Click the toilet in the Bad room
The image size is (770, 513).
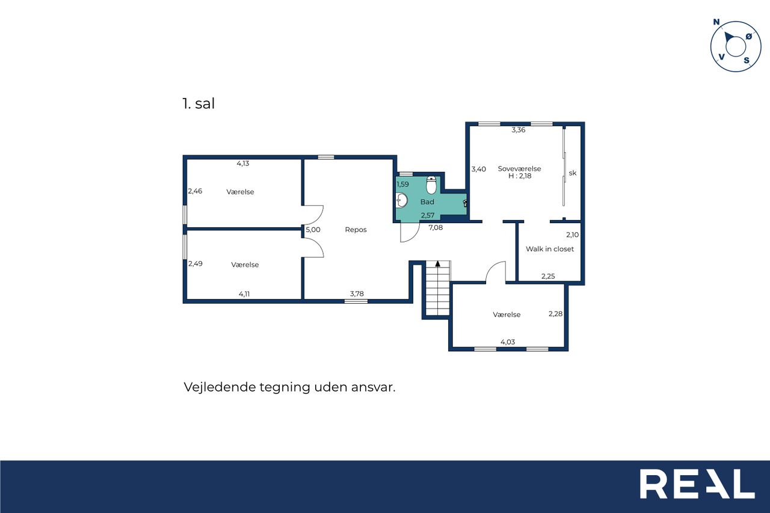pos(431,185)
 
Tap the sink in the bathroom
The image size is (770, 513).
pos(401,200)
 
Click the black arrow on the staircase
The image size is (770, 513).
pos(437,263)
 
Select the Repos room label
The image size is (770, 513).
pos(356,230)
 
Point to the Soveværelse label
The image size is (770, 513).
pos(519,169)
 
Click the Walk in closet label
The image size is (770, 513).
pos(550,249)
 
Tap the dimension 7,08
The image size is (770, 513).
pos(436,227)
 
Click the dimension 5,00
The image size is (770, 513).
pos(313,230)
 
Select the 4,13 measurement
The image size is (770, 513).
pos(242,164)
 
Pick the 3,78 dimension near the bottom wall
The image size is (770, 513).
pos(357,293)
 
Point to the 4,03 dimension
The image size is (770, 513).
pos(508,342)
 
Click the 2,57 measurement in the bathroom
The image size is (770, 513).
pos(428,215)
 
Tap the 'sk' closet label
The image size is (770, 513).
pos(572,173)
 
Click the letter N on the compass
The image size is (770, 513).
pos(716,22)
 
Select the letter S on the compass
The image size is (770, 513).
pos(747,61)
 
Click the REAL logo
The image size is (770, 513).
pos(697,484)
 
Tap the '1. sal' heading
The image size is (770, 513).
pos(199,103)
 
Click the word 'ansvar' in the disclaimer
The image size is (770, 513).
pos(374,387)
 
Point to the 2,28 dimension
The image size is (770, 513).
pos(555,314)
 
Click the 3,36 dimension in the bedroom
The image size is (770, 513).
pos(519,130)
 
